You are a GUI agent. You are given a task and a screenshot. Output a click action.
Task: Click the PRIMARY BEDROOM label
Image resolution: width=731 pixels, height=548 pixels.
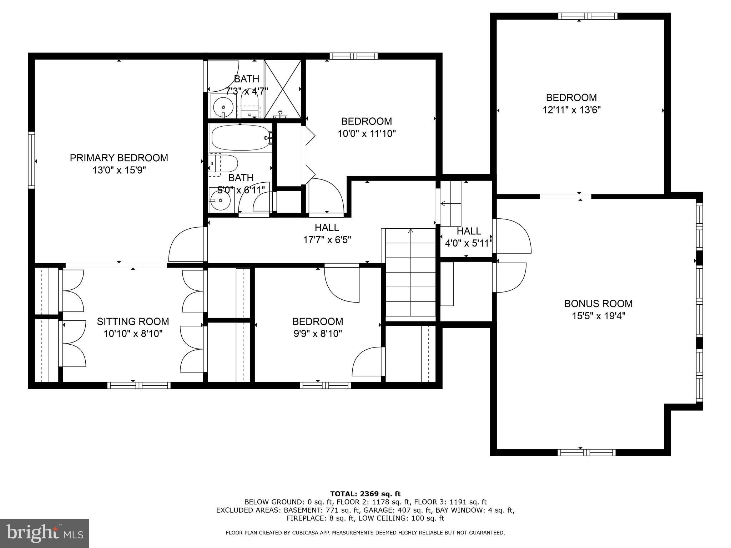click(119, 158)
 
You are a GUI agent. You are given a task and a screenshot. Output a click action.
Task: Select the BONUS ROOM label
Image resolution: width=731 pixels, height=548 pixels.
click(598, 304)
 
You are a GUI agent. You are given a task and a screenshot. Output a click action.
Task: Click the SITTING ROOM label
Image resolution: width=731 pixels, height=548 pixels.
click(133, 321)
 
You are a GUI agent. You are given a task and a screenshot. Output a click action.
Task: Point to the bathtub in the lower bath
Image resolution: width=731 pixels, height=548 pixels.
click(240, 138)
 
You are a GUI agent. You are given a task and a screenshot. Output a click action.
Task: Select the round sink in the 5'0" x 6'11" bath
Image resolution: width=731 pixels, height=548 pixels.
click(220, 200)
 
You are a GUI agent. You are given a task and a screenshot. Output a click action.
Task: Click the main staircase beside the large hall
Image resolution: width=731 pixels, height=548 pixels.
click(410, 273)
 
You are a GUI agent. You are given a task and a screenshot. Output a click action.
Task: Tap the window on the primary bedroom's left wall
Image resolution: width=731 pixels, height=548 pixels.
click(31, 160)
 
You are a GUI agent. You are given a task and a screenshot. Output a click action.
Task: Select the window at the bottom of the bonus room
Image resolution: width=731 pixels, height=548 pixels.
click(586, 452)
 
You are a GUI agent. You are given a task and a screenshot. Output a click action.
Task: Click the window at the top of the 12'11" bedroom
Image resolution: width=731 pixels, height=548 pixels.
click(588, 16)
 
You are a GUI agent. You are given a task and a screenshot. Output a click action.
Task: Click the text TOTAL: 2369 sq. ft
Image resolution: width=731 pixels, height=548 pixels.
click(365, 494)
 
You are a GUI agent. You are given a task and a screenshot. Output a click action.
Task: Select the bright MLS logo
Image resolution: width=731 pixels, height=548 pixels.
click(45, 533)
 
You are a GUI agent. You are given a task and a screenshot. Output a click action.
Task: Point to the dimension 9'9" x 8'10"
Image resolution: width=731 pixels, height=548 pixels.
click(318, 334)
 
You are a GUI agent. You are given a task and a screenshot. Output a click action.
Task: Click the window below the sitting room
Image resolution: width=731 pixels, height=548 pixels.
click(139, 385)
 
